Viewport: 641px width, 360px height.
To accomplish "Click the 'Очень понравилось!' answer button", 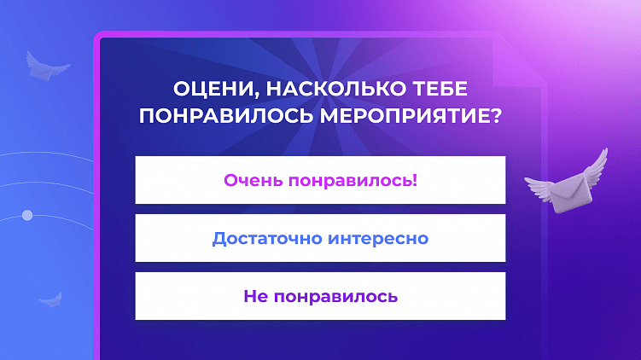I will (320, 180).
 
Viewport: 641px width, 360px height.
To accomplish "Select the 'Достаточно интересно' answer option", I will (320, 238).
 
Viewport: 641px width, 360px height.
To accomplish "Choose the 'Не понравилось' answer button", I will (320, 296).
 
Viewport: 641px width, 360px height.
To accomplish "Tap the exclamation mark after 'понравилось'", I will (414, 180).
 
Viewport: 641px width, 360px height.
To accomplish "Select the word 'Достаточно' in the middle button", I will (265, 238).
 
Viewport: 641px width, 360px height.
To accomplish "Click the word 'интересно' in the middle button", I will (378, 238).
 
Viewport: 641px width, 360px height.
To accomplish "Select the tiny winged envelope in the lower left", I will (50, 299).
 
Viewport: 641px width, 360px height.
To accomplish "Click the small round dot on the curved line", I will (26, 215).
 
